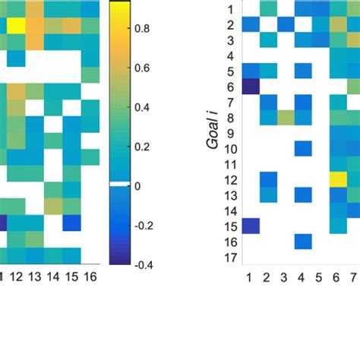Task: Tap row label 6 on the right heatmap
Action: tap(230, 87)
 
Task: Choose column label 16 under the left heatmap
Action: tap(89, 275)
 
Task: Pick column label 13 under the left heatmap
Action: tap(34, 275)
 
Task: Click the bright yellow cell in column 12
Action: tap(16, 25)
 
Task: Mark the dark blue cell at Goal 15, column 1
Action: tap(251, 226)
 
